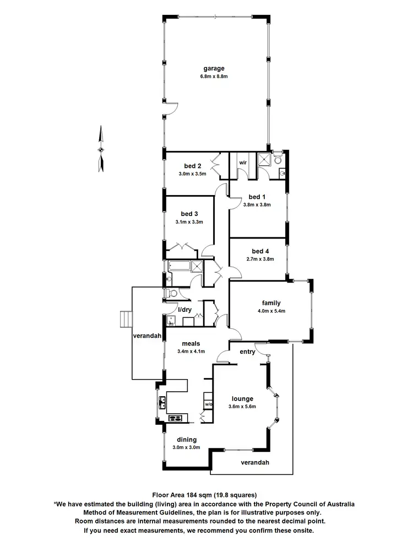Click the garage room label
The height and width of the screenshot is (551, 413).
tap(214, 69)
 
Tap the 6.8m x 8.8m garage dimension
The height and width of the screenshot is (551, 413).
tap(214, 77)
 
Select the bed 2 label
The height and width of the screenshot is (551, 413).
tap(192, 166)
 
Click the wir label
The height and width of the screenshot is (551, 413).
tap(243, 163)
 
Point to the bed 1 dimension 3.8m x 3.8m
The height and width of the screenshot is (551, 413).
tap(257, 205)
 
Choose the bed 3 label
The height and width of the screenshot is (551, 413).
tap(189, 214)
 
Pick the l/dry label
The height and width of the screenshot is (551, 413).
tap(184, 310)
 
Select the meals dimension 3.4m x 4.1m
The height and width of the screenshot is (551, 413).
tap(191, 352)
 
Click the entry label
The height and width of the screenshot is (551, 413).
tap(247, 352)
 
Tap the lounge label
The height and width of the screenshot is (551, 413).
tap(242, 398)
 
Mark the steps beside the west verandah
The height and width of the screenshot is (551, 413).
tap(126, 320)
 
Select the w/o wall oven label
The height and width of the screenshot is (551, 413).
tap(209, 405)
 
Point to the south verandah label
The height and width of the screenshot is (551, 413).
tap(255, 463)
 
